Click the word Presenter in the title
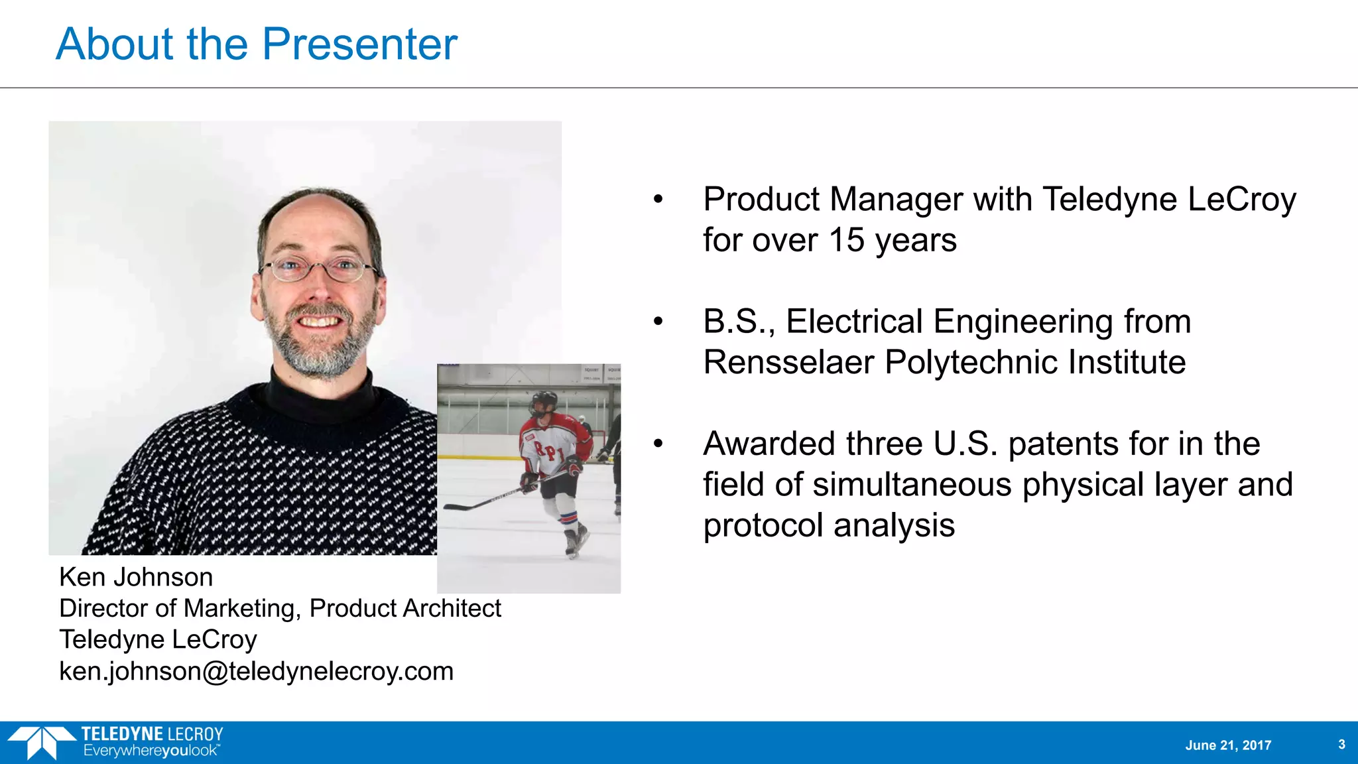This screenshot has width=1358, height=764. tap(359, 44)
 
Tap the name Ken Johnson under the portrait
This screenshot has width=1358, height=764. tap(136, 577)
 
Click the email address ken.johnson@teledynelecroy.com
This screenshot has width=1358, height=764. tap(256, 671)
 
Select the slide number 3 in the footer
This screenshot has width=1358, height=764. tap(1341, 744)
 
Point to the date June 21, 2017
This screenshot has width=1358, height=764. tap(1228, 745)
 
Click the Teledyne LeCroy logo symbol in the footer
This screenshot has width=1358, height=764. tap(41, 742)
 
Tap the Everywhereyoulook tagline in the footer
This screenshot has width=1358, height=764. tap(151, 751)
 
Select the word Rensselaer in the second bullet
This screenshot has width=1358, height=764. tap(788, 362)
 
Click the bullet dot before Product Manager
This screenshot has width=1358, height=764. tap(658, 199)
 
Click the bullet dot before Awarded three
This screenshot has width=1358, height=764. tap(658, 444)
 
